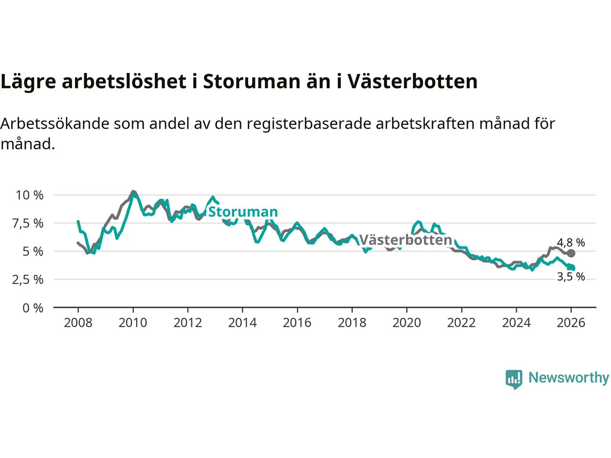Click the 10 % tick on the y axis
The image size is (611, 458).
pos(30,195)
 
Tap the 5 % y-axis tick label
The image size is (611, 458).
pos(33,251)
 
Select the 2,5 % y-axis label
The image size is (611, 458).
pos(28,280)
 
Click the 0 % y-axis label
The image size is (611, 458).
pos(33,308)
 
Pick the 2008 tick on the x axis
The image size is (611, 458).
pos(78,323)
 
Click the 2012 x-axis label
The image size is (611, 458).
pos(188,323)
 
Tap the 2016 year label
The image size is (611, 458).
pos(297,323)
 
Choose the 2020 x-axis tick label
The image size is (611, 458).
pos(407,323)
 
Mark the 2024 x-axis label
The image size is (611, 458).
pos(516,323)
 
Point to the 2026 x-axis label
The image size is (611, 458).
pos(571,323)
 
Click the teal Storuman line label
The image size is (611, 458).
pos(243,212)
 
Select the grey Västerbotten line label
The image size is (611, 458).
pos(405,239)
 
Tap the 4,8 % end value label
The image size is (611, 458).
pos(571,243)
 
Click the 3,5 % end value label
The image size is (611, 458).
pos(571,277)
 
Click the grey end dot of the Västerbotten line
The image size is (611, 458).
pos(571,253)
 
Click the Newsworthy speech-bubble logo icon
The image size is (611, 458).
pos(514,379)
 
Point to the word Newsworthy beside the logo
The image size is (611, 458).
pos(569,378)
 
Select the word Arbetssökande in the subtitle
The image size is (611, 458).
pos(55,124)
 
